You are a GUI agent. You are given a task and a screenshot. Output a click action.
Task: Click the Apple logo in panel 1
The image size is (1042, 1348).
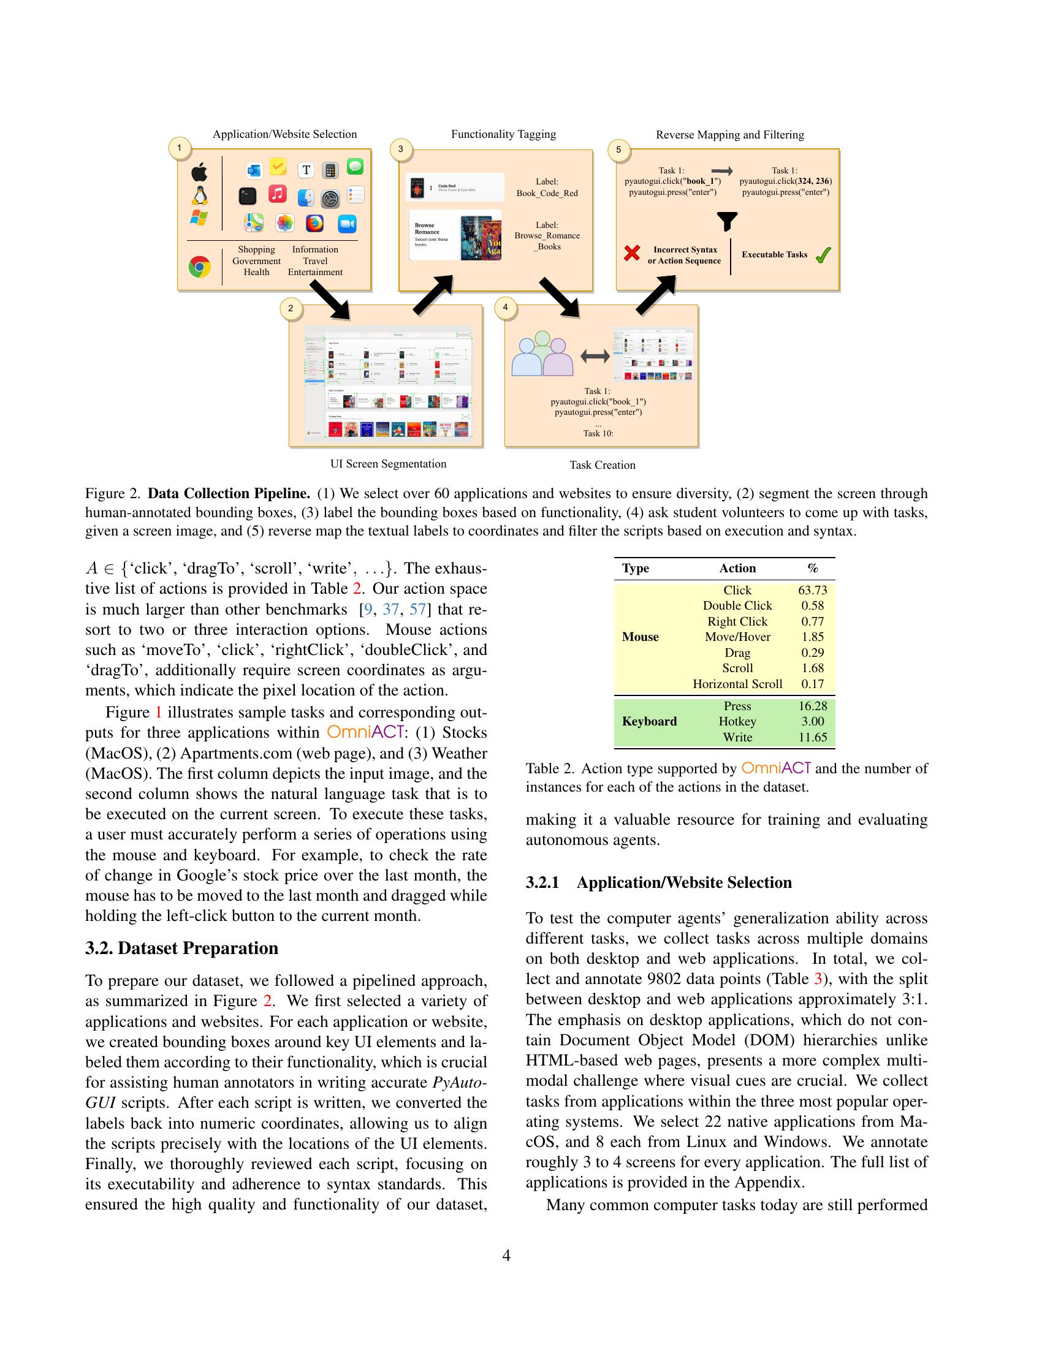(199, 172)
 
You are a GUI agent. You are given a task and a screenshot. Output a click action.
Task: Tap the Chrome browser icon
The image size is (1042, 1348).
(199, 267)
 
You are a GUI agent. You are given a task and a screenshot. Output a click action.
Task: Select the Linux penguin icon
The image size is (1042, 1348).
(199, 195)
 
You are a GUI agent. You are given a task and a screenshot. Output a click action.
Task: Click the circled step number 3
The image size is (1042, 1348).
(401, 149)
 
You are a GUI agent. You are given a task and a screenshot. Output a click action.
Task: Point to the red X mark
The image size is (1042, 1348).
(631, 253)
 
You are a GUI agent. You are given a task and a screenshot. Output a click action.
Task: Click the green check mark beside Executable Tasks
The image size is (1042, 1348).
(823, 255)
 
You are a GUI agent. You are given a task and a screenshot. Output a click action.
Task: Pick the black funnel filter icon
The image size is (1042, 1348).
(727, 221)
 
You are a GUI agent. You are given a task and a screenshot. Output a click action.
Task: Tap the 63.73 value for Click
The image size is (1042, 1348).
(812, 590)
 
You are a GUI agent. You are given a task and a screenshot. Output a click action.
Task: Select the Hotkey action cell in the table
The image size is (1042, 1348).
(737, 722)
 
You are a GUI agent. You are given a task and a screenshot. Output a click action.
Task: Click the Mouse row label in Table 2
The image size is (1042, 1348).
(640, 637)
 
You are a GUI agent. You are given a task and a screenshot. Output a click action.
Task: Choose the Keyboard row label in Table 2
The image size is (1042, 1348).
(648, 722)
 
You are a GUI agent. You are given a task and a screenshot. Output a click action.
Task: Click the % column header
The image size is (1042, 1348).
(812, 569)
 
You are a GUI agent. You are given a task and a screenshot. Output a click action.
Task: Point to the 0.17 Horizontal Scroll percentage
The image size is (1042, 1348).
(812, 684)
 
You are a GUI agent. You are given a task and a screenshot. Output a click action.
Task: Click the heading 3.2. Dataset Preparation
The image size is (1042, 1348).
(181, 948)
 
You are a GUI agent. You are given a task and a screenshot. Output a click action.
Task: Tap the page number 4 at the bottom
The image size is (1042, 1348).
(506, 1255)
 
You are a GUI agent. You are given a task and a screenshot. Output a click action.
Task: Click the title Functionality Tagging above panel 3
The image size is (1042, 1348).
(503, 135)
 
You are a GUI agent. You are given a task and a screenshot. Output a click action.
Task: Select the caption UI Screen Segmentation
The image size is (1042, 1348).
(387, 464)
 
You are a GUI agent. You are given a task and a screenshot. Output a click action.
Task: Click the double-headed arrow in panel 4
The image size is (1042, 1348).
(595, 356)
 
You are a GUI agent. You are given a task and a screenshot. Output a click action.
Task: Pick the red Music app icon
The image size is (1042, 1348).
(278, 194)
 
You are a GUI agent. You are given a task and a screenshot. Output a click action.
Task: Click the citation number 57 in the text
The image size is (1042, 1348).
(417, 610)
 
